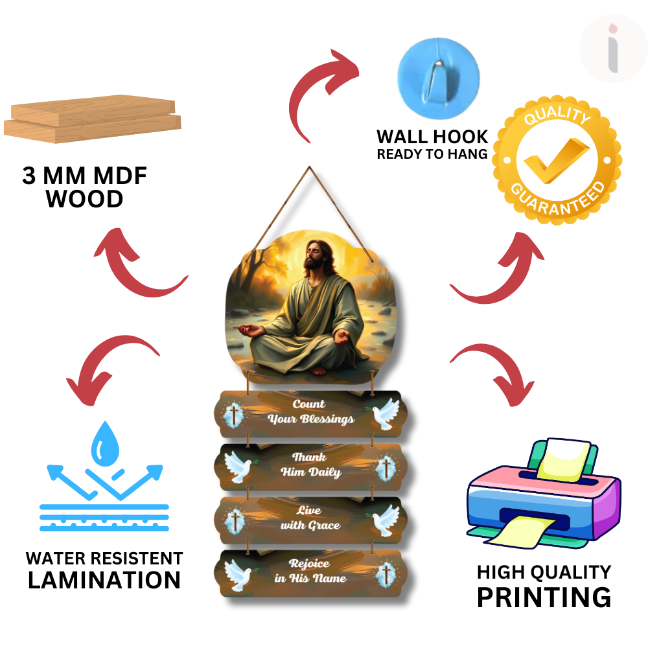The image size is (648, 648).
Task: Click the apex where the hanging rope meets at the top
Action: coord(310,167)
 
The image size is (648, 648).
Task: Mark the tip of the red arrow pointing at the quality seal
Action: coord(522,233)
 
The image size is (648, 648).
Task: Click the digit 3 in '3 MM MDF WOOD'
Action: coord(29,176)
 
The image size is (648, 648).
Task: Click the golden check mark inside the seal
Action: coord(557,160)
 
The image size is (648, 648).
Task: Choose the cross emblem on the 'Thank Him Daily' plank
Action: coord(386,469)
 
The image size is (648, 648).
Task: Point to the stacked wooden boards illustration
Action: coord(93,119)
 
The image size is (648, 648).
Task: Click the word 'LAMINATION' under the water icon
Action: coord(104,580)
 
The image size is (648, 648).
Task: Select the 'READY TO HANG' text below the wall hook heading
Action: coord(432,154)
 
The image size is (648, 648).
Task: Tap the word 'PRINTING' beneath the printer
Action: coord(544,597)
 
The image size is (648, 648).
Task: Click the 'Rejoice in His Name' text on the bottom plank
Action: coord(310,571)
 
